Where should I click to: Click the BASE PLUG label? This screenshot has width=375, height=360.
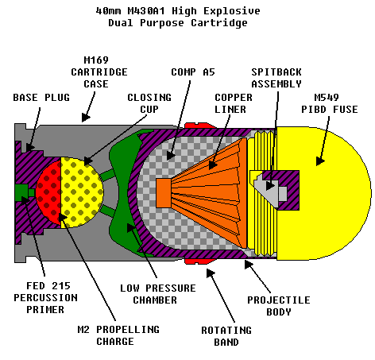point(41,98)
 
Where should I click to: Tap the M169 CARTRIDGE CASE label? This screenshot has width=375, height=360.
point(99,72)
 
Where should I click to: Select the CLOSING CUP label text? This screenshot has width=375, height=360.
point(149,103)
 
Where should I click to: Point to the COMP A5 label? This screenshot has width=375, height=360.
point(193,72)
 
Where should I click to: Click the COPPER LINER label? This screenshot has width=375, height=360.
point(234,103)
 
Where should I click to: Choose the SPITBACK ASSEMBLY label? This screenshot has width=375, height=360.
point(276,78)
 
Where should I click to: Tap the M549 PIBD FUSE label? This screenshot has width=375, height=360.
point(330,103)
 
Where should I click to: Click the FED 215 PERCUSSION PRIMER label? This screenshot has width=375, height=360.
point(45,298)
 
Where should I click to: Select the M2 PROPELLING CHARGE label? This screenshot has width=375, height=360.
point(118,335)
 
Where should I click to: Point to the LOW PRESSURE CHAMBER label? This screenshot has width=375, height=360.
point(158,294)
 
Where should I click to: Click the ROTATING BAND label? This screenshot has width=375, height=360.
point(226,336)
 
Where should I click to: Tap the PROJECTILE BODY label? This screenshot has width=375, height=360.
point(279,306)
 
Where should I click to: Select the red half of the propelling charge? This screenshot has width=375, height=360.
point(50,192)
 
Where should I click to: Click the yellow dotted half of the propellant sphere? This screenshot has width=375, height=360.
point(81,192)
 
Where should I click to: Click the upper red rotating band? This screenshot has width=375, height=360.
point(200,126)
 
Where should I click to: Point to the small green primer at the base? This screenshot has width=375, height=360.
point(22,192)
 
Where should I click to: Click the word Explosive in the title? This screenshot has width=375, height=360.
point(232,11)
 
